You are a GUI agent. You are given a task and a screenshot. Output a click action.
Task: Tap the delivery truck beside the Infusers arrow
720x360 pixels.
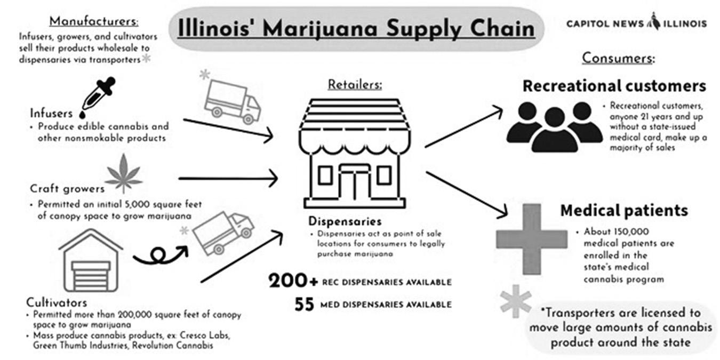(231, 101)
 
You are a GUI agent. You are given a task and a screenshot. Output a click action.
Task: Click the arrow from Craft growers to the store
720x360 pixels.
(228, 178)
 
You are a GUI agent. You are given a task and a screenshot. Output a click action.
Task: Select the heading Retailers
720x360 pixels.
(355, 84)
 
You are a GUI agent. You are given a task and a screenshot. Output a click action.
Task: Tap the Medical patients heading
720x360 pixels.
(623, 210)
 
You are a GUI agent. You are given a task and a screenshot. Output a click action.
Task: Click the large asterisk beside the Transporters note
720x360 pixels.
(515, 301)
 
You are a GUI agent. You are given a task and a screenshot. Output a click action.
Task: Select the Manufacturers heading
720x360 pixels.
(94, 21)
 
